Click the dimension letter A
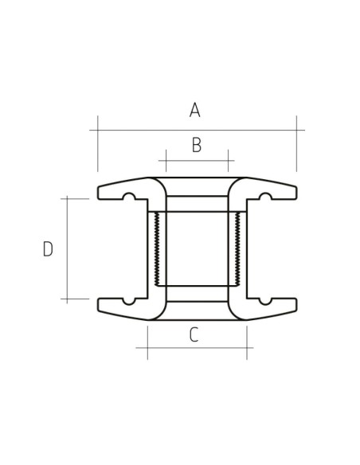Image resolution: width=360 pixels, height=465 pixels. [194, 111]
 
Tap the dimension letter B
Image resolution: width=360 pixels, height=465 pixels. [196, 145]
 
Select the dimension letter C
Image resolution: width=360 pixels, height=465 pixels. [194, 335]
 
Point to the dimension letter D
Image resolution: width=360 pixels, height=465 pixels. [48, 249]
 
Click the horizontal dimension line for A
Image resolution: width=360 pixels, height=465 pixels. [239, 129]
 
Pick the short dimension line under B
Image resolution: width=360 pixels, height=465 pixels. [196, 161]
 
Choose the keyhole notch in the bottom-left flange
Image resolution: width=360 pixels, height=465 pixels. [127, 301]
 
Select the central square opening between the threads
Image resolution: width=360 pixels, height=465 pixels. [197, 249]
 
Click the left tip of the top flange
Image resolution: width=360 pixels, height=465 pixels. [100, 193]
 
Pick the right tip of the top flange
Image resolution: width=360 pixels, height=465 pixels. [295, 193]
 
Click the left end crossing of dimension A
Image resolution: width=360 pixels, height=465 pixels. [98, 129]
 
